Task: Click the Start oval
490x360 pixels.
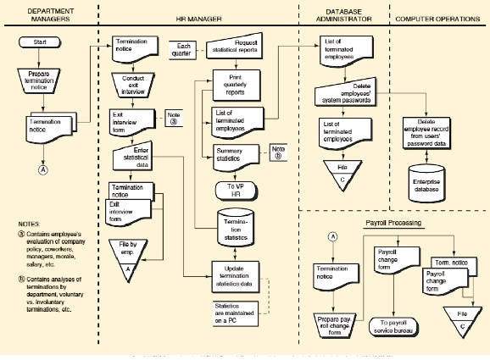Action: pos(40,41)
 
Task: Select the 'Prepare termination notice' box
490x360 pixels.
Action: pos(40,79)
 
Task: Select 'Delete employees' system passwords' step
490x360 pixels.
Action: pos(346,93)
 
